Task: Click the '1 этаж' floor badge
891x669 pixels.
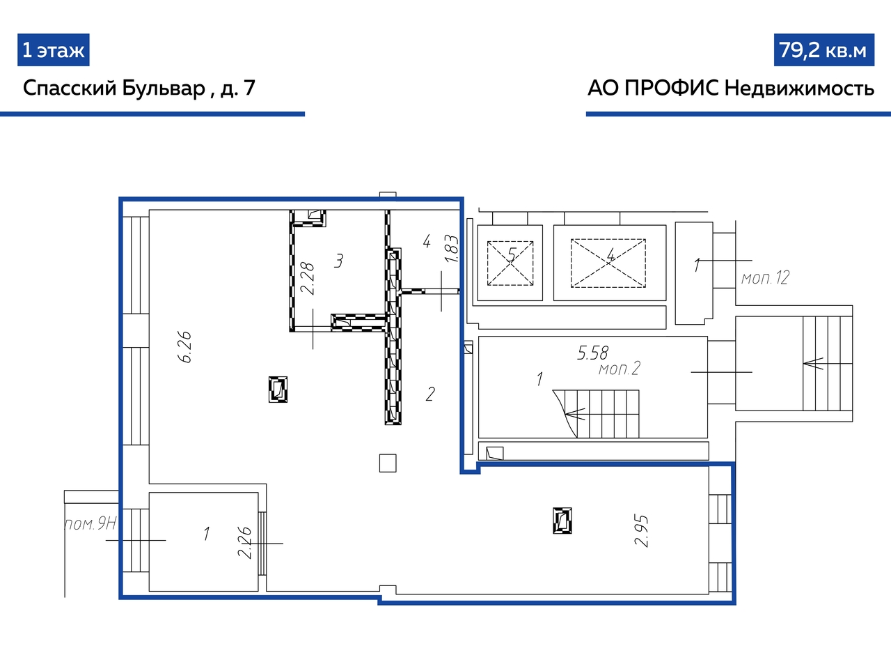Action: (x=53, y=50)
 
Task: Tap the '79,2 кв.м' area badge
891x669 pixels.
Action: (x=824, y=50)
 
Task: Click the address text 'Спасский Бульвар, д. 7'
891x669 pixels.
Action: (x=139, y=88)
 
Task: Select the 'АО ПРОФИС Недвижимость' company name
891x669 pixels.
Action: (x=731, y=88)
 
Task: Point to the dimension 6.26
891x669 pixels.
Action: (x=184, y=347)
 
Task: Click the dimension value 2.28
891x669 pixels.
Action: (x=307, y=278)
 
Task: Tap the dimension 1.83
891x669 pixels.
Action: (x=451, y=249)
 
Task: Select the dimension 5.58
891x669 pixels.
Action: (x=592, y=353)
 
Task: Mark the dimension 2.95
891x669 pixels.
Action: (x=641, y=531)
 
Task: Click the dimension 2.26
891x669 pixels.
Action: (x=245, y=543)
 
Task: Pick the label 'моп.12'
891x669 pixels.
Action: (x=765, y=278)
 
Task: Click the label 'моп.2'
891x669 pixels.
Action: (x=620, y=369)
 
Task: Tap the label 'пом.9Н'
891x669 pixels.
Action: (x=90, y=523)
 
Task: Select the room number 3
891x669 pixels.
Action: (x=338, y=261)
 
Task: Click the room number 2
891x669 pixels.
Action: (x=430, y=394)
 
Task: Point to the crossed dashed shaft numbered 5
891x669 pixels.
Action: (x=510, y=263)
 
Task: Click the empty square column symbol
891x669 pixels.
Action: (x=388, y=463)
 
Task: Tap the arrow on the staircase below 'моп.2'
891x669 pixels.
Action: (x=575, y=415)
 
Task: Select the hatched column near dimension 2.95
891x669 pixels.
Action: (x=562, y=521)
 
